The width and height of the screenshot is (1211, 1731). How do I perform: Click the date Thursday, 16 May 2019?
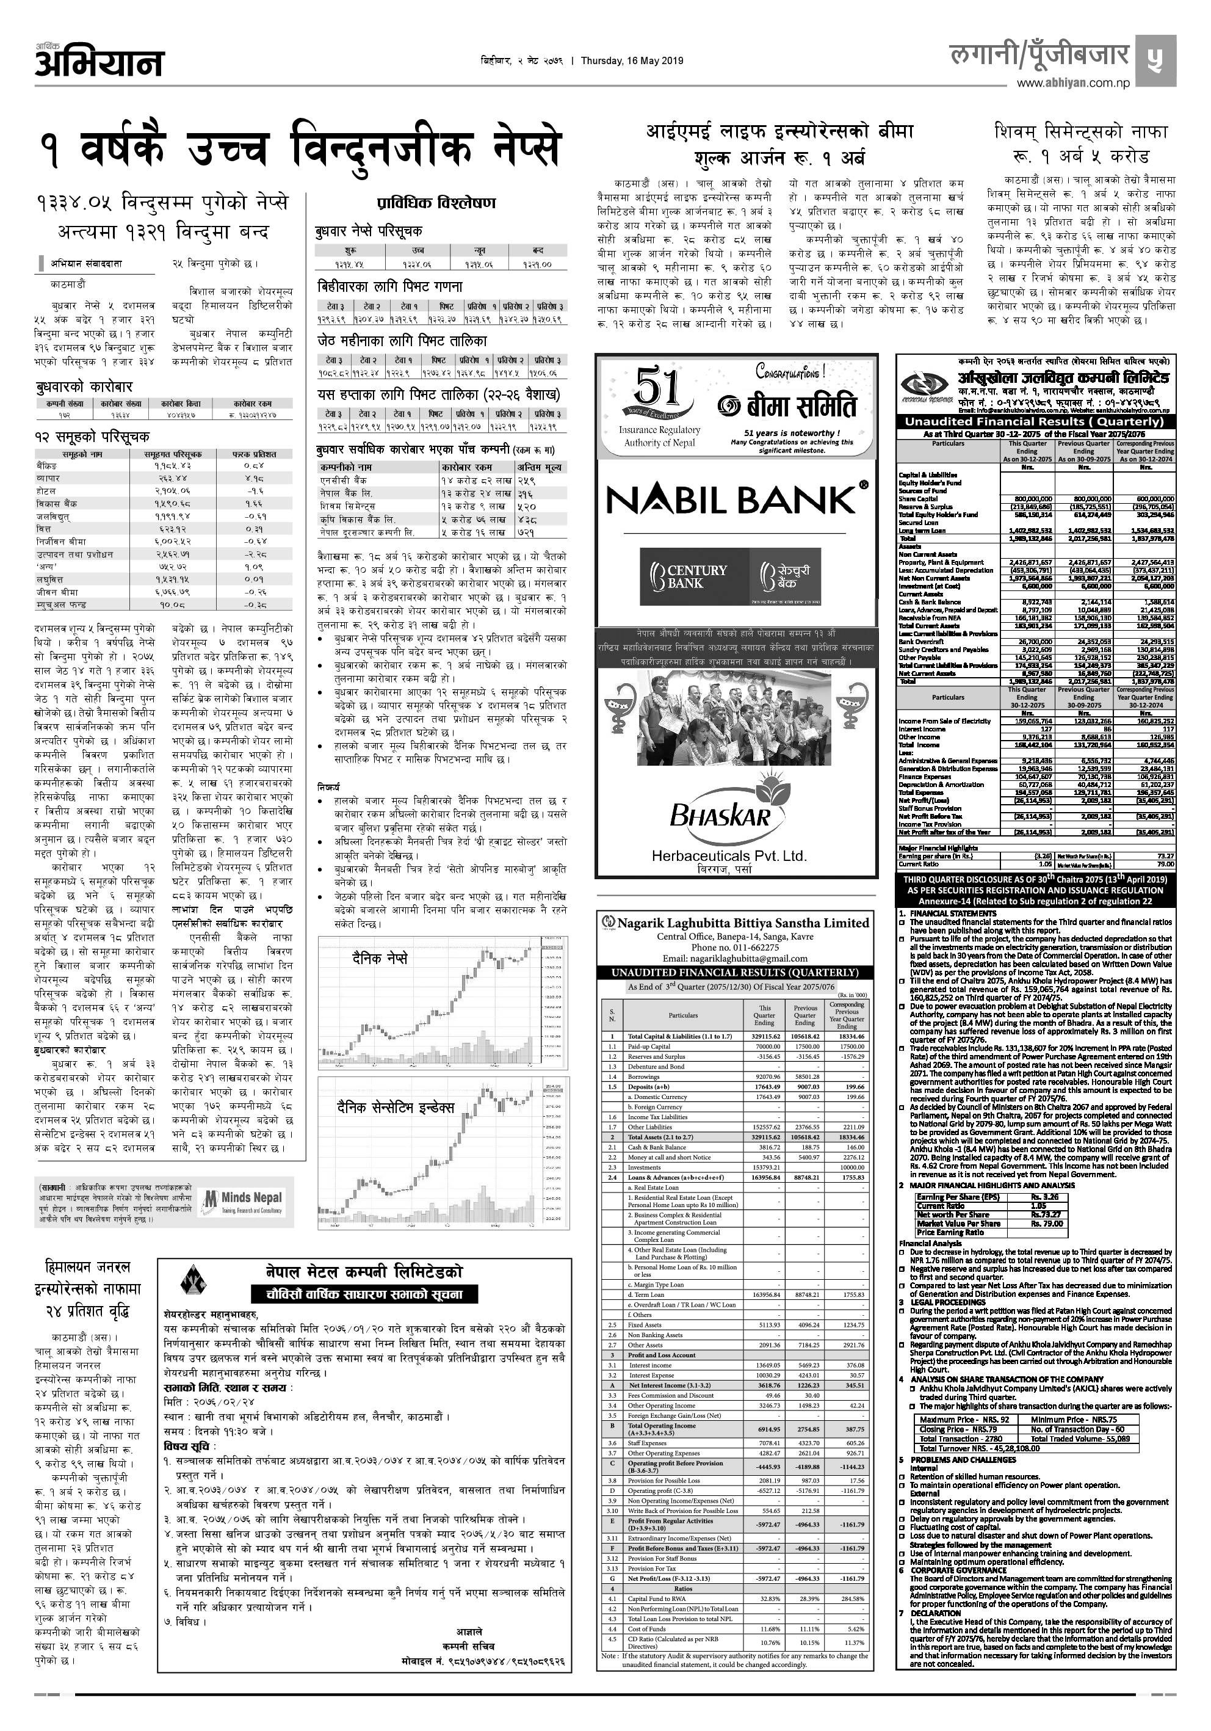tap(632, 61)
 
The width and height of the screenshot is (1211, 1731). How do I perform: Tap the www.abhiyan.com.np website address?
tap(1073, 84)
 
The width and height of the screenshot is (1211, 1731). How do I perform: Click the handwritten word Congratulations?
tap(790, 372)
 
